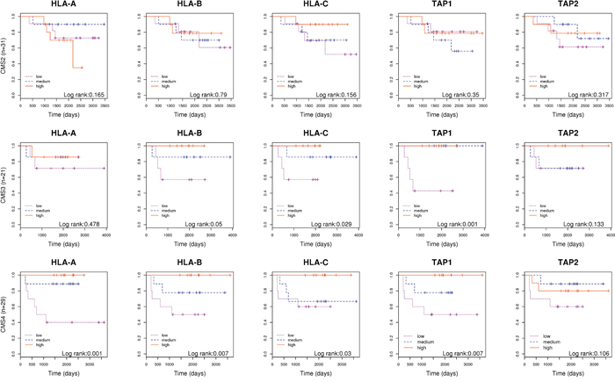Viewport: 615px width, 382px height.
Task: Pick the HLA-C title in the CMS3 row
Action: coord(315,135)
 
